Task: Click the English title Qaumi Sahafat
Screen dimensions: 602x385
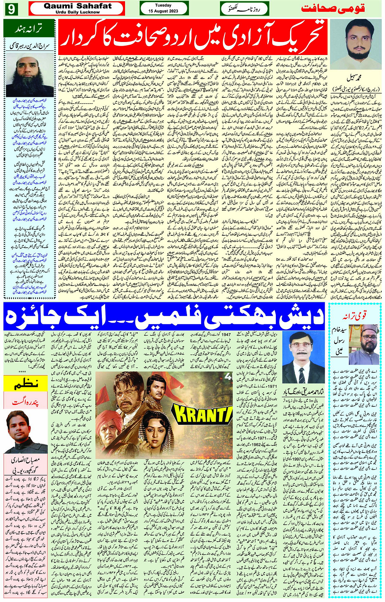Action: [77, 6]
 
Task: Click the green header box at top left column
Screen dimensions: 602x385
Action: [29, 29]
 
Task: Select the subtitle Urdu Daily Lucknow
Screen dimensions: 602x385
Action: [77, 12]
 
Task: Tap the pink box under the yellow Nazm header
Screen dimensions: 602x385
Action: [26, 401]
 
